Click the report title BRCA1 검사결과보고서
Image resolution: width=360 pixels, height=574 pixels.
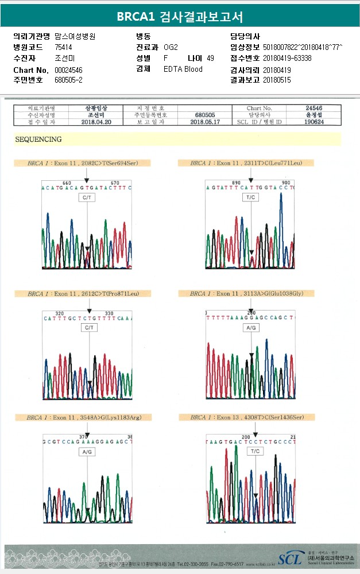pyautogui.click(x=180, y=17)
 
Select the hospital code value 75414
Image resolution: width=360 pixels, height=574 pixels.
pyautogui.click(x=63, y=47)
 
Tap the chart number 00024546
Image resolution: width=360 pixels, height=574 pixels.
pyautogui.click(x=68, y=69)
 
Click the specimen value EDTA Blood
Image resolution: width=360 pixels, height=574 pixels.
pyautogui.click(x=183, y=69)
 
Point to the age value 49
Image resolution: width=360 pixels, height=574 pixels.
pyautogui.click(x=210, y=59)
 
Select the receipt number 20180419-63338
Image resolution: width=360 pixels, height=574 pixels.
pyautogui.click(x=287, y=59)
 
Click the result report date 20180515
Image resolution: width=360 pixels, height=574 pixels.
pyautogui.click(x=277, y=80)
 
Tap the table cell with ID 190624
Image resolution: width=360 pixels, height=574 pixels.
pyautogui.click(x=313, y=122)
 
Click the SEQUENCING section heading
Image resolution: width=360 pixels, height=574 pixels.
pyautogui.click(x=38, y=139)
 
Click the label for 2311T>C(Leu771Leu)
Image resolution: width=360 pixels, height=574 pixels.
pyautogui.click(x=247, y=163)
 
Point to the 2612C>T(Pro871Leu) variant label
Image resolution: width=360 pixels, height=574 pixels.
pyautogui.click(x=84, y=293)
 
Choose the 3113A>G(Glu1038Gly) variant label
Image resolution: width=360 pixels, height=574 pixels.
pyautogui.click(x=247, y=293)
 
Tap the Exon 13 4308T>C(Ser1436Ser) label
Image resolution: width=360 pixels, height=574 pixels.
pyautogui.click(x=247, y=417)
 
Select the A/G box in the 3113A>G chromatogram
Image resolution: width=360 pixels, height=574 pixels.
pyautogui.click(x=251, y=328)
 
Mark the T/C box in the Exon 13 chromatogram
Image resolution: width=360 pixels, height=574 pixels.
pyautogui.click(x=254, y=452)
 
